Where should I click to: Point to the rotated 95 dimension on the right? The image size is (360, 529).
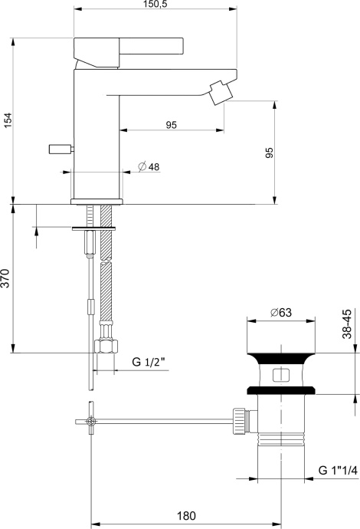click(269, 153)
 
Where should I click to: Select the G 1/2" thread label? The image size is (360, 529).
click(149, 360)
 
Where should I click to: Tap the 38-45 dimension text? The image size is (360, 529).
click(347, 324)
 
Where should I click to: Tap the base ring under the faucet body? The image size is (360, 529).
click(97, 201)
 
